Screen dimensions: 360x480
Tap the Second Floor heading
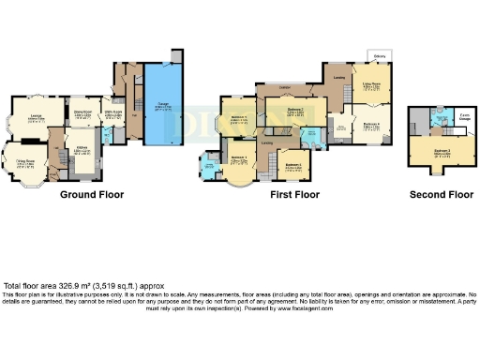click(441, 195)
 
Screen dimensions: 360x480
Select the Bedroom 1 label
click(239, 120)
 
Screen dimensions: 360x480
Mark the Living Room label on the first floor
click(371, 85)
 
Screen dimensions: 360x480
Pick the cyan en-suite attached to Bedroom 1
click(206, 167)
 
